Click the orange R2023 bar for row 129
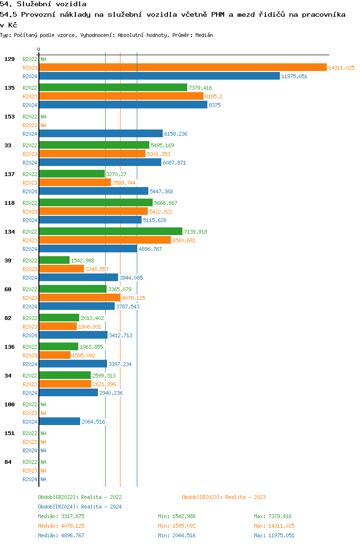pos(183,68)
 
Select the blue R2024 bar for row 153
pos(101,134)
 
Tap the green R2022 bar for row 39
pos(54,260)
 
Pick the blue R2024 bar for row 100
pos(60,422)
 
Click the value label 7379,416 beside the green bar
pos(200,88)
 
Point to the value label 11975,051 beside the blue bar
pos(294,76)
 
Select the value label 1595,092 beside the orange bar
pos(84,355)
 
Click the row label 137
pos(9,174)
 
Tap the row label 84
pos(8,462)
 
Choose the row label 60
pos(8,289)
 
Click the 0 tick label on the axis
pos(38,49)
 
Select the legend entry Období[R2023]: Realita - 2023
pos(224,497)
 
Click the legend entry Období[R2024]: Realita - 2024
pos(80,507)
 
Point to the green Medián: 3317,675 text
pos(61,516)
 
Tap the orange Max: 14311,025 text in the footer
pos(274,526)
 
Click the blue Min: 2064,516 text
pos(177,535)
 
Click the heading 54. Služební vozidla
pos(43,4)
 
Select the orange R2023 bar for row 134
pos(105,240)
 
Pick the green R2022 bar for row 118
pos(96,203)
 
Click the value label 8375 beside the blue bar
pos(215,105)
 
